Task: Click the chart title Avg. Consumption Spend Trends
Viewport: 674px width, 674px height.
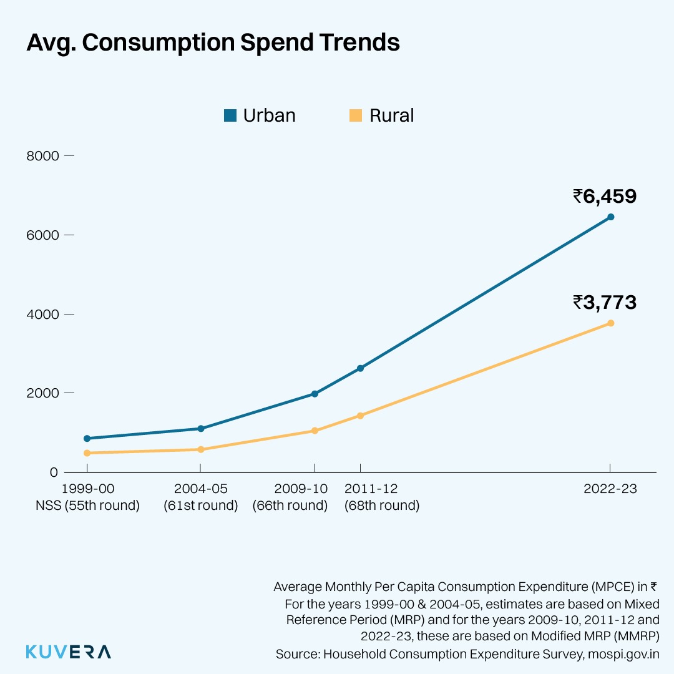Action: [x=213, y=43]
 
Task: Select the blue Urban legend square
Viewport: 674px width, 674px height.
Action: [x=230, y=115]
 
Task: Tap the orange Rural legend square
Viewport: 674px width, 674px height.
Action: [x=356, y=115]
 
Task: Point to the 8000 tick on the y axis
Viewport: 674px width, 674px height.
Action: [x=42, y=156]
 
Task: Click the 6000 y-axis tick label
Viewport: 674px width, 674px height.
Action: [x=42, y=235]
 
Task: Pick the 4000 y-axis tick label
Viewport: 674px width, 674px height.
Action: [x=42, y=315]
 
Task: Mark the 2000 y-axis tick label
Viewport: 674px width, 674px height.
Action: [x=42, y=393]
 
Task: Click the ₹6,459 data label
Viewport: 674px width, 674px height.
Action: [x=604, y=197]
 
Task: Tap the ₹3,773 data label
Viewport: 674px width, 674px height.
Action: [x=604, y=303]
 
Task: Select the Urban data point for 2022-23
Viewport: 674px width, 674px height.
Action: [x=610, y=217]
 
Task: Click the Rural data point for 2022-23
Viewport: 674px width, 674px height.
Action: [x=610, y=323]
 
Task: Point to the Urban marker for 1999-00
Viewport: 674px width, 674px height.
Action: [x=87, y=439]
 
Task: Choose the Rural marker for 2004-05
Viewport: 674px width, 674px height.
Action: [x=200, y=449]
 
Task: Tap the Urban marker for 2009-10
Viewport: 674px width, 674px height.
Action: [x=315, y=394]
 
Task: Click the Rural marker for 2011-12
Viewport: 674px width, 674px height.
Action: [x=360, y=416]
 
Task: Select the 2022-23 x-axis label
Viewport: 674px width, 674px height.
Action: [x=610, y=489]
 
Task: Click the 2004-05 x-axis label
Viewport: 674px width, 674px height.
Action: [x=200, y=489]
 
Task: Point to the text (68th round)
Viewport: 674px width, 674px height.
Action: [x=382, y=506]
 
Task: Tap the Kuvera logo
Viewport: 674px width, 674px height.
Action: [x=69, y=652]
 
